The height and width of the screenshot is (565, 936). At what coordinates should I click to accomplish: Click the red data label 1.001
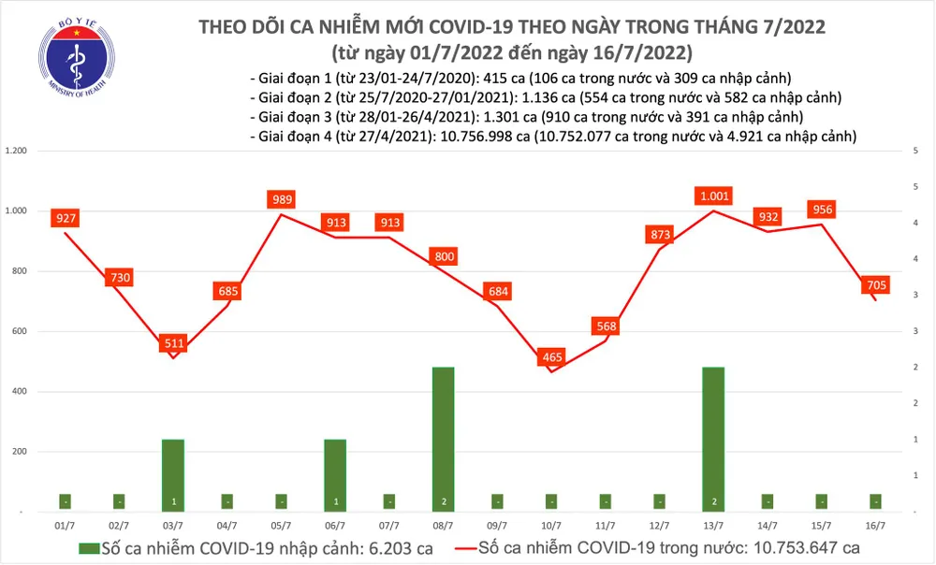click(713, 196)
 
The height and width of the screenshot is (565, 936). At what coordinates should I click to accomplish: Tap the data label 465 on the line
click(552, 357)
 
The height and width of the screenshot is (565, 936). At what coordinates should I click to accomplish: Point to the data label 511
click(174, 343)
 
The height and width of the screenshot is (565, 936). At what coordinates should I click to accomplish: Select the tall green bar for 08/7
click(444, 439)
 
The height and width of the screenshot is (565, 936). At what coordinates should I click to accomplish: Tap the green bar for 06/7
click(335, 474)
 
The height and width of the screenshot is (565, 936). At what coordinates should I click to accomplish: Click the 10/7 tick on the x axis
click(552, 527)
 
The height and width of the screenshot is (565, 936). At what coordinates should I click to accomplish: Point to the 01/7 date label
click(66, 527)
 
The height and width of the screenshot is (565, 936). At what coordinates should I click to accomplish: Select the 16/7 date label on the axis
click(876, 527)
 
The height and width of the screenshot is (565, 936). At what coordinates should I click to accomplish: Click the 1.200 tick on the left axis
click(18, 151)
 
